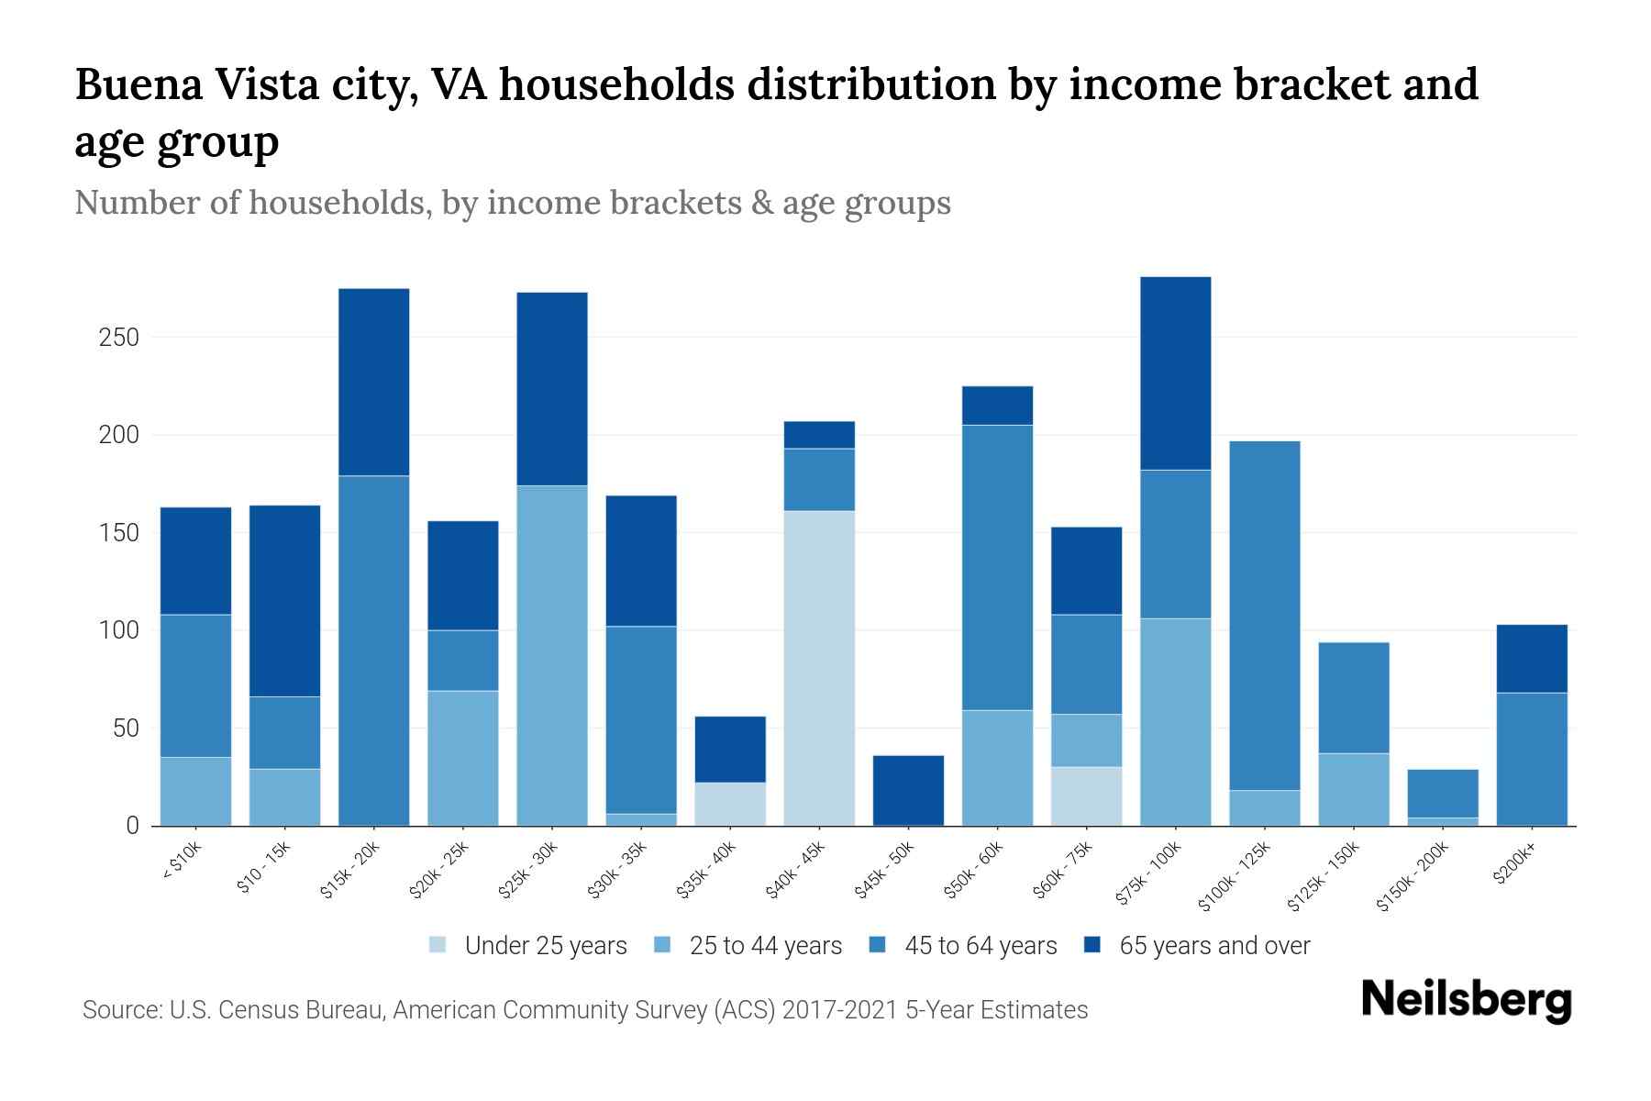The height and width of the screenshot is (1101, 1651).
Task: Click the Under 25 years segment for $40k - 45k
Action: click(x=819, y=668)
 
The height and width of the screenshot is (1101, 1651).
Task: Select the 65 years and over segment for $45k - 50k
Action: click(x=908, y=790)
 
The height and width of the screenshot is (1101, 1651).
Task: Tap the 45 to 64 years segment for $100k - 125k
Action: click(x=1265, y=616)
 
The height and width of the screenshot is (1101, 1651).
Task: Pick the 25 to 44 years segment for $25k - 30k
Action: click(x=552, y=655)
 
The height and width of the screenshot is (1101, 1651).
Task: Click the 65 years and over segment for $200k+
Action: click(x=1532, y=659)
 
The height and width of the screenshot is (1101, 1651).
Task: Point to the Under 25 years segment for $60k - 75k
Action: click(x=1086, y=796)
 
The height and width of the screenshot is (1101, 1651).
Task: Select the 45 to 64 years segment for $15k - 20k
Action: click(x=374, y=651)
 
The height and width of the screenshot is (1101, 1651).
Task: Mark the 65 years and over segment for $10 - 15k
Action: click(x=285, y=601)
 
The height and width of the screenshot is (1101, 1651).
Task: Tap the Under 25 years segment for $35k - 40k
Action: click(x=730, y=804)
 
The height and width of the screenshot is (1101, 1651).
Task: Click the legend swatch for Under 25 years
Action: click(x=438, y=945)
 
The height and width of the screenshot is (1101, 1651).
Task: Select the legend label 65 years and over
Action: click(x=1214, y=946)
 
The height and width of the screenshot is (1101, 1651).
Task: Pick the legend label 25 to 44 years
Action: click(x=766, y=946)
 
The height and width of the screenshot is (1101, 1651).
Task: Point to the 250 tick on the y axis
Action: click(x=118, y=338)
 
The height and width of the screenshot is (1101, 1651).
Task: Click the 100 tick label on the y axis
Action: click(x=118, y=631)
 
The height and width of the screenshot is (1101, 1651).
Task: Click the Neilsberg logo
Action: click(x=1466, y=1001)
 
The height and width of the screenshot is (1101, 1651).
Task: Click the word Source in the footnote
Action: click(x=119, y=1010)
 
